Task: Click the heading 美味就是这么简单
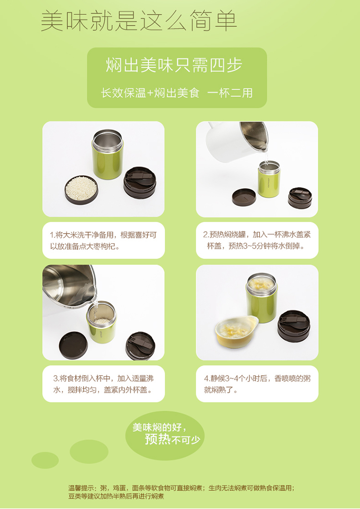click(139, 22)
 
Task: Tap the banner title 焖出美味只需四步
click(174, 65)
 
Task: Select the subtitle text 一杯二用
click(230, 93)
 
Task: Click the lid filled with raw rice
click(81, 189)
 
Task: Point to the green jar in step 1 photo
click(108, 154)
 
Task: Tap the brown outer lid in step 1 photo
click(140, 182)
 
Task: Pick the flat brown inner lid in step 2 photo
click(244, 197)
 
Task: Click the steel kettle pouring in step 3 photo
click(69, 285)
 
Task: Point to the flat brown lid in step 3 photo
click(73, 345)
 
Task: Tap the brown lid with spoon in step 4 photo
click(294, 326)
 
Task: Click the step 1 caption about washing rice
click(103, 240)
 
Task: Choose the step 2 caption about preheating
click(257, 240)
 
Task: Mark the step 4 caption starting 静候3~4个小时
click(257, 384)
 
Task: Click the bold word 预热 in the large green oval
click(157, 439)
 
